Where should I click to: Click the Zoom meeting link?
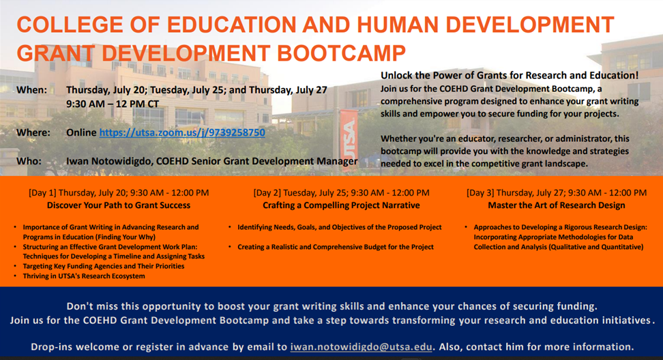click(x=182, y=133)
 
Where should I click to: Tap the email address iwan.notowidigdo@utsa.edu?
click(x=361, y=347)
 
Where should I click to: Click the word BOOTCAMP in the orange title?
click(x=341, y=53)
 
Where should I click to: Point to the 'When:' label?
click(x=31, y=90)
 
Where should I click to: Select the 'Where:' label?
click(x=33, y=133)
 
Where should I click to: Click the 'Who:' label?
click(x=29, y=161)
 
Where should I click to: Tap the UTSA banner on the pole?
click(x=349, y=140)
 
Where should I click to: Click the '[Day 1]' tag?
click(x=42, y=193)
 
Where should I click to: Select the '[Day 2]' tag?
click(x=267, y=193)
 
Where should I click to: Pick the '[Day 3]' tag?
click(x=480, y=193)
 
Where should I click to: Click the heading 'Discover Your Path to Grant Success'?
click(x=119, y=205)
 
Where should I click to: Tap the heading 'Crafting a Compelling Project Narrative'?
click(x=341, y=205)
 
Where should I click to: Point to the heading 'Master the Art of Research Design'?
click(x=557, y=205)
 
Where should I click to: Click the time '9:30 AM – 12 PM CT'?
click(x=113, y=104)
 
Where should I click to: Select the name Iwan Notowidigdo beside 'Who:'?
click(x=109, y=161)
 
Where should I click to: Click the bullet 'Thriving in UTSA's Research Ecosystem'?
click(x=84, y=276)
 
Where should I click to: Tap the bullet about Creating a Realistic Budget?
click(x=336, y=247)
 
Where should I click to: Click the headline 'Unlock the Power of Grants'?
click(x=510, y=75)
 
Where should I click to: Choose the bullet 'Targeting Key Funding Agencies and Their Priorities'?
click(x=104, y=266)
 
